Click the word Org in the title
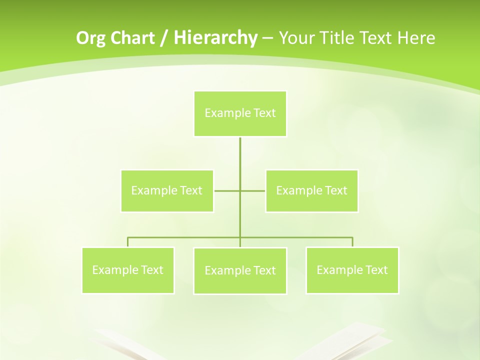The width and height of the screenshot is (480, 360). point(89,38)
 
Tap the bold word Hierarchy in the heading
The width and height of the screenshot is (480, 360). point(215,38)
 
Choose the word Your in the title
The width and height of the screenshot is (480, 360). point(296,38)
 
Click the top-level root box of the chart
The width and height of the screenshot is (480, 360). point(240,113)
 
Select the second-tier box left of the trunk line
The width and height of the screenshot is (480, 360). point(167,191)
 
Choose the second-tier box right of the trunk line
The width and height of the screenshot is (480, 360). point(311,191)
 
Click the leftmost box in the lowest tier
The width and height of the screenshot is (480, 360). point(128,270)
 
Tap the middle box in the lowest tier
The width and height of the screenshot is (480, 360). point(240,271)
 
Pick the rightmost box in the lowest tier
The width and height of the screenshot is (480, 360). point(352,270)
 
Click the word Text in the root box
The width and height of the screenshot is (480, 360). point(264,113)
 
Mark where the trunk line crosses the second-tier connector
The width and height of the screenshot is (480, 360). point(240,191)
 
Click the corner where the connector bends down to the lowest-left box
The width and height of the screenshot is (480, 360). point(128,237)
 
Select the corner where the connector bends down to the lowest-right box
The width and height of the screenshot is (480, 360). point(352,237)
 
